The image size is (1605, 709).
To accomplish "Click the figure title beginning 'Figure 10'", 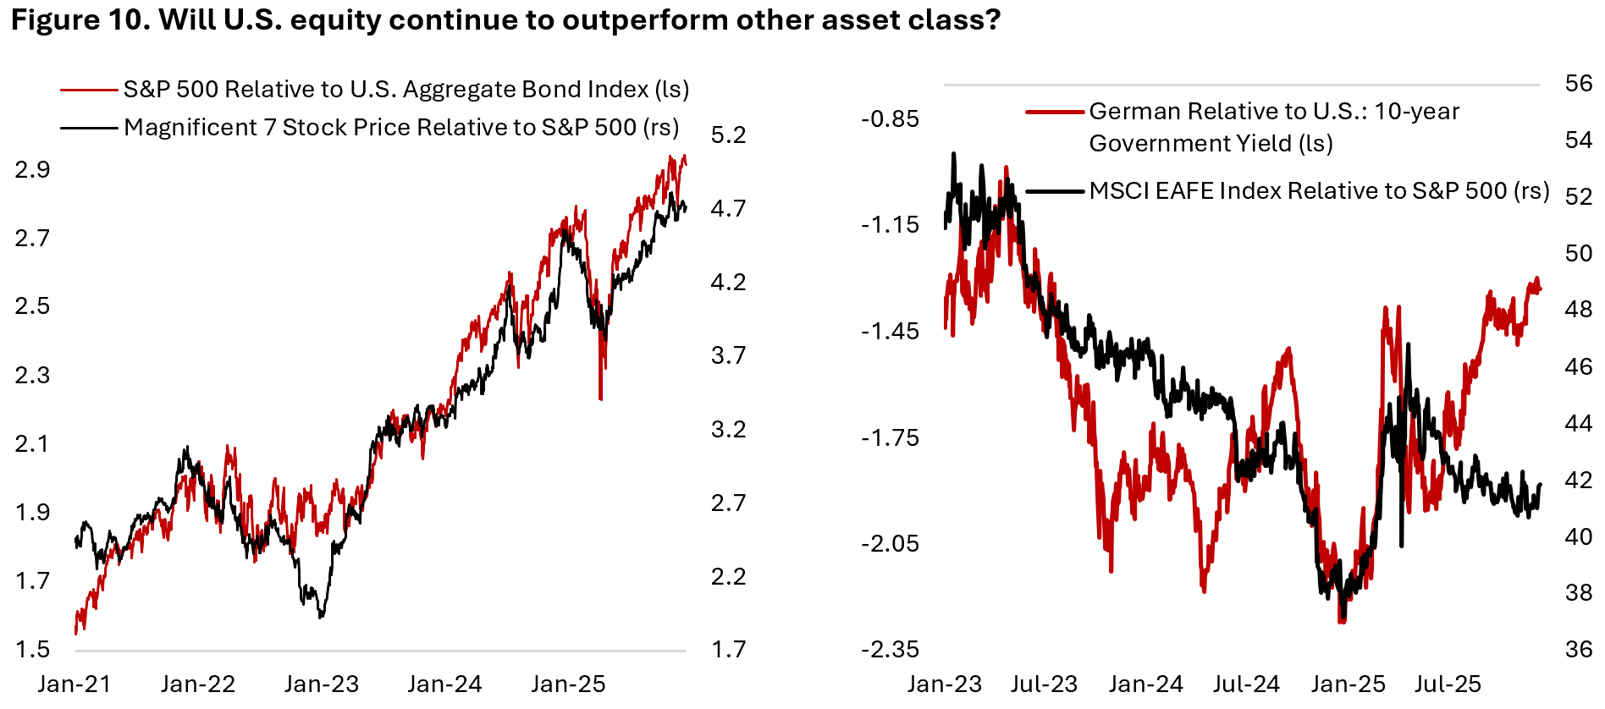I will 505,20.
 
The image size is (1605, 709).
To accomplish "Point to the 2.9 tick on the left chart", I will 32,169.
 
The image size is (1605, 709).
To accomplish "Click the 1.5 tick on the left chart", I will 32,649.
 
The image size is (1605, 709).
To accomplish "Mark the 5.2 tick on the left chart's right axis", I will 728,135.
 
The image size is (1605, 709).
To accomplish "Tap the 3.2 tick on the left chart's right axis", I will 728,429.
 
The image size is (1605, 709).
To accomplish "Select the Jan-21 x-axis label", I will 74,684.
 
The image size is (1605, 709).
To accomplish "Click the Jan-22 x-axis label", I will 198,684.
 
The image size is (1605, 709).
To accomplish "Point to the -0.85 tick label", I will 890,118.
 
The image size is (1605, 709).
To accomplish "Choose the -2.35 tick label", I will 890,649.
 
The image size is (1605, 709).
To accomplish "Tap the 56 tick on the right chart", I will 1579,83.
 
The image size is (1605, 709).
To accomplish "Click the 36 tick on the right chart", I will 1579,649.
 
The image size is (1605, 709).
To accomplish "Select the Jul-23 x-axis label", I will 1044,684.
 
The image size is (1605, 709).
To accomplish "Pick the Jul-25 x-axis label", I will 1448,684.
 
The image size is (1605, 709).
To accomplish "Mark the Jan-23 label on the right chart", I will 945,684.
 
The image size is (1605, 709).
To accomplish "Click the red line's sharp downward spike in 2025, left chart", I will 600,396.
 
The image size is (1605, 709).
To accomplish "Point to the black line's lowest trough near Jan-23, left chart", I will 321,616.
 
